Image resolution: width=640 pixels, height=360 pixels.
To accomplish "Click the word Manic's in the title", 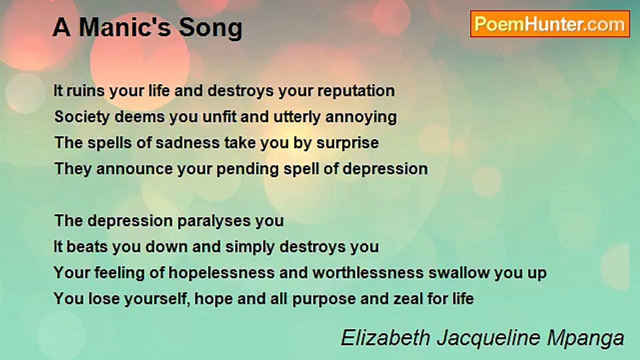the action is pyautogui.click(x=125, y=27).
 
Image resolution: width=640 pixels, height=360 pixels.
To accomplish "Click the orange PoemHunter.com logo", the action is pyautogui.click(x=550, y=24).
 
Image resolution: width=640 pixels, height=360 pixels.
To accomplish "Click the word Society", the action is pyautogui.click(x=81, y=117).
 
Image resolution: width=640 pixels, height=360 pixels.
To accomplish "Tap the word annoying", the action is pyautogui.click(x=361, y=117).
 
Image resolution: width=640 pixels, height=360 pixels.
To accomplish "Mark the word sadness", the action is pyautogui.click(x=187, y=143).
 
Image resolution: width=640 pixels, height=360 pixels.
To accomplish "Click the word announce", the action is pyautogui.click(x=134, y=169).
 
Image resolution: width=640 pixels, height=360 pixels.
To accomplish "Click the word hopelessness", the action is pyautogui.click(x=221, y=273).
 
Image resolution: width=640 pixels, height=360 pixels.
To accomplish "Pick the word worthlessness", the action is pyautogui.click(x=368, y=273).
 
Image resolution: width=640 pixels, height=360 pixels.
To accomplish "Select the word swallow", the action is pyautogui.click(x=459, y=273).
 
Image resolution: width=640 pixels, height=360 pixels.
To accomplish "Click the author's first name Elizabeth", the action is pyautogui.click(x=385, y=338).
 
